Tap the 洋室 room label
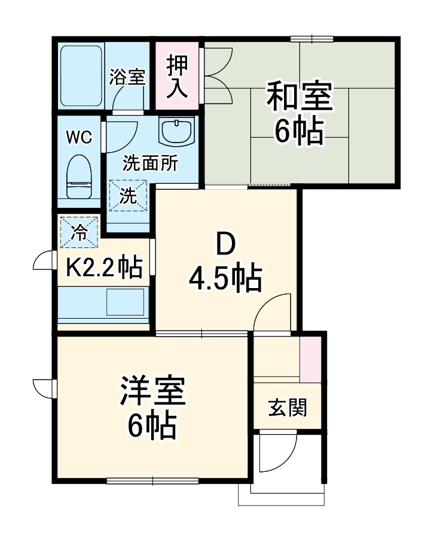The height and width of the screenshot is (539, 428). tap(152, 392)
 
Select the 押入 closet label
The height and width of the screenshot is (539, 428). tap(178, 75)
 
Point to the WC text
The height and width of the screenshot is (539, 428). tap(79, 137)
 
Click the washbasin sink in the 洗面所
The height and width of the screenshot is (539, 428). tap(177, 130)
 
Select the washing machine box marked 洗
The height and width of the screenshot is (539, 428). tap(127, 196)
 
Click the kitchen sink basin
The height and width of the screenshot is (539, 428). tap(126, 302)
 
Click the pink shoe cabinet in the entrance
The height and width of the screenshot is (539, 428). tap(311, 359)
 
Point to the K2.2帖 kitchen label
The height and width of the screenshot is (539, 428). tap(103, 268)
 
